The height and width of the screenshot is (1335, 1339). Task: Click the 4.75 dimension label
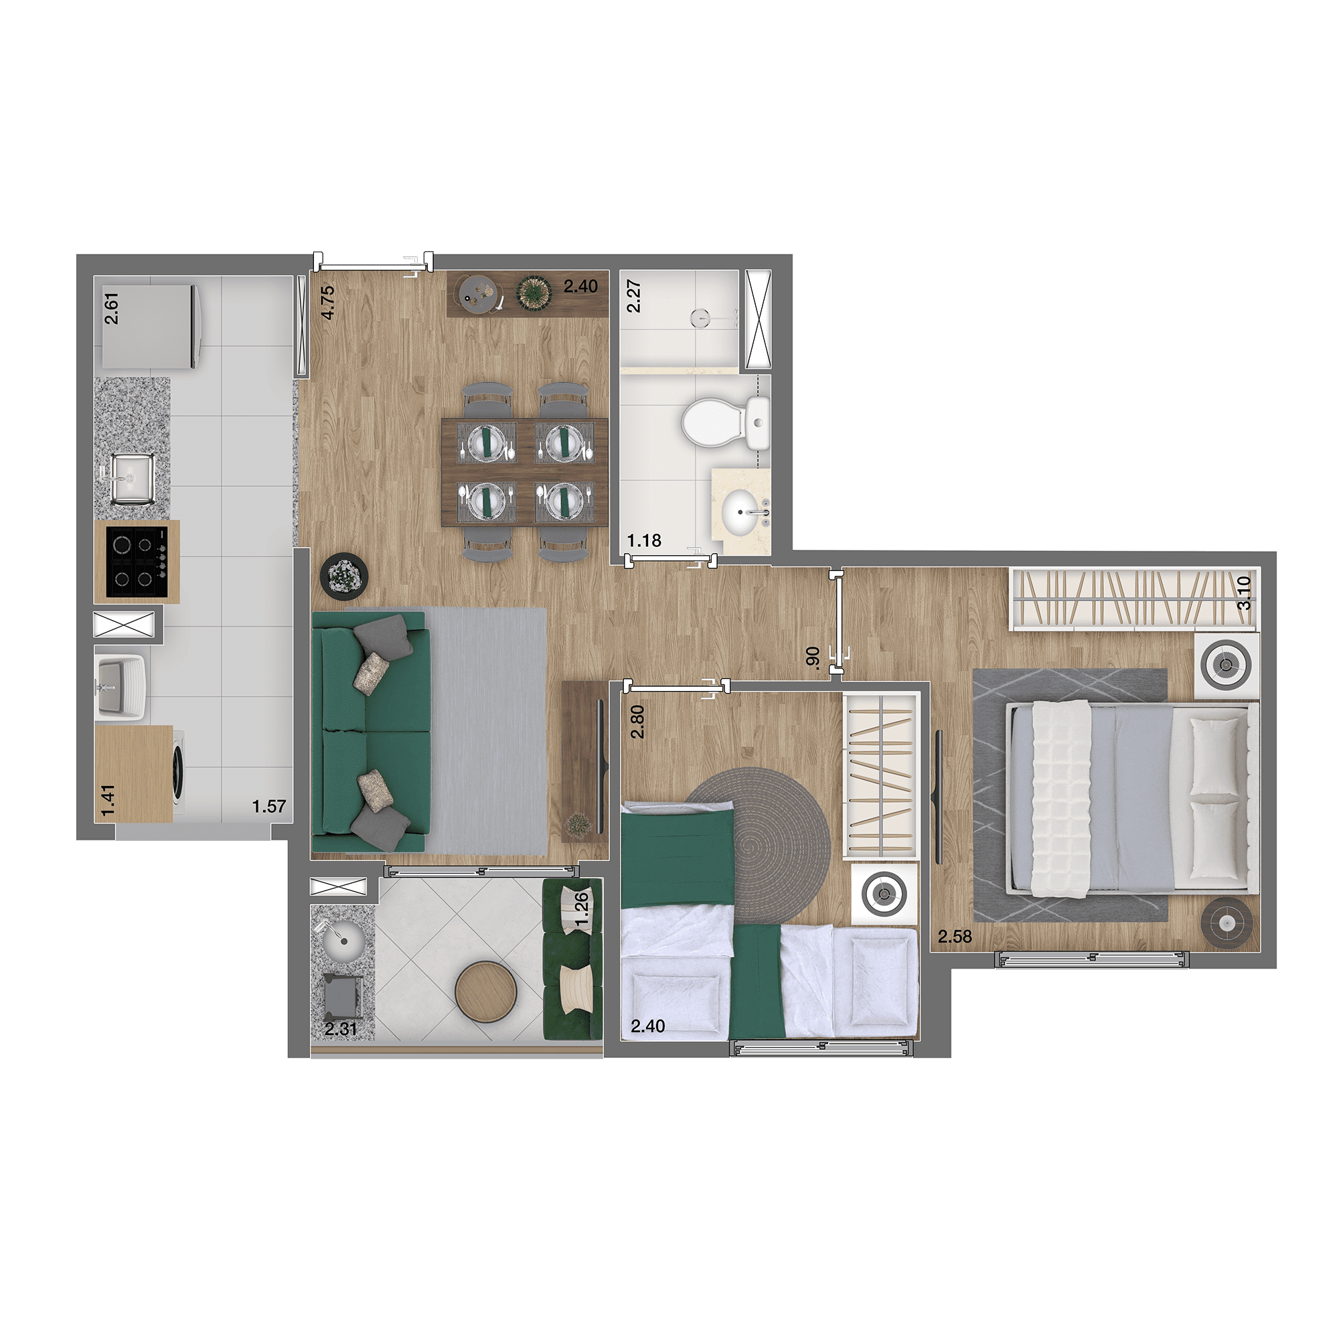point(328,302)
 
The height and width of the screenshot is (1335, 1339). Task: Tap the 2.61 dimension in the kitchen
point(111,308)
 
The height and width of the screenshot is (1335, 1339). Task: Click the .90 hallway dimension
point(813,657)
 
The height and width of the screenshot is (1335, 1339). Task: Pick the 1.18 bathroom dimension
point(644,540)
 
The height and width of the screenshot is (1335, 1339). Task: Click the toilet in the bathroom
point(725,421)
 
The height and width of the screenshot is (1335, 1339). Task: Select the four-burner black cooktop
point(137,562)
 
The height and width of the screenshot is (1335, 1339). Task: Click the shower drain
point(702,318)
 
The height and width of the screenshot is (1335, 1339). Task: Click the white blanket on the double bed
point(1061,799)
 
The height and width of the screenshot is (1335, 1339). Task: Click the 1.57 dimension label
point(269,806)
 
